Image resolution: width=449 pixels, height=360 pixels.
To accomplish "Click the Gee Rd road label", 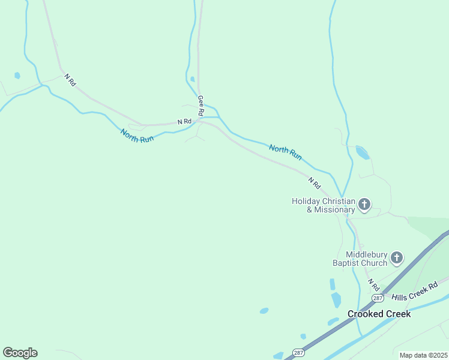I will pyautogui.click(x=201, y=106).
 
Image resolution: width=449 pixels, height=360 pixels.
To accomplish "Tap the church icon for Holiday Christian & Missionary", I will pyautogui.click(x=364, y=206).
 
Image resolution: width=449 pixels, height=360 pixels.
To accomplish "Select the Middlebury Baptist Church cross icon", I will pyautogui.click(x=396, y=259).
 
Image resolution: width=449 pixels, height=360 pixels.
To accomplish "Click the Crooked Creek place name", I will pyautogui.click(x=379, y=314).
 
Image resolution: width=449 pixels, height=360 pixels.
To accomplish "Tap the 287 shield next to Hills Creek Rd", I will pyautogui.click(x=377, y=298).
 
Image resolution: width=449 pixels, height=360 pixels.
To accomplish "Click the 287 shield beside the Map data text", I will pyautogui.click(x=298, y=352).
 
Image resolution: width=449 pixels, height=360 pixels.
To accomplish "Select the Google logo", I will pyautogui.click(x=20, y=353).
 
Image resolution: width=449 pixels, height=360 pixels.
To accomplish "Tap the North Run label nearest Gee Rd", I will pyautogui.click(x=137, y=136).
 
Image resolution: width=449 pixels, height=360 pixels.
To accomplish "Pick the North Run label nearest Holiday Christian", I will pyautogui.click(x=285, y=152).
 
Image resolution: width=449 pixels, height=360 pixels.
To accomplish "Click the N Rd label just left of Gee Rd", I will pyautogui.click(x=184, y=122).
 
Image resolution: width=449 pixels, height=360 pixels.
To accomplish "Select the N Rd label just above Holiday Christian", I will pyautogui.click(x=315, y=181).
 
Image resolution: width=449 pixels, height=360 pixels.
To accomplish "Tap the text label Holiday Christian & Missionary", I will pyautogui.click(x=323, y=205).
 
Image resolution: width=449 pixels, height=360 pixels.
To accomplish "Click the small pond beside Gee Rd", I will pyautogui.click(x=192, y=79).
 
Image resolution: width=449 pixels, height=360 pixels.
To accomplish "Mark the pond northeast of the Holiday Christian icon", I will pyautogui.click(x=363, y=152).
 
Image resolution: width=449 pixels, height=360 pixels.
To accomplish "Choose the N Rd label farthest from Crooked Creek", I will pyautogui.click(x=71, y=80).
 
